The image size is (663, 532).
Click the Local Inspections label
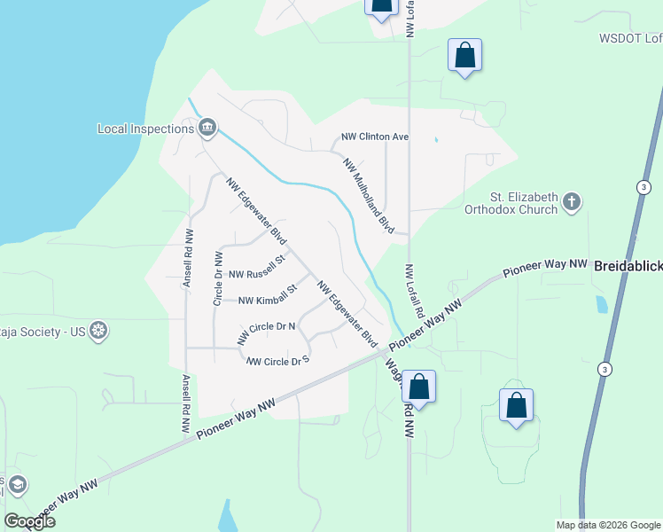tap(145, 129)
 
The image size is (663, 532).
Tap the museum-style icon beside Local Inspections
tap(207, 129)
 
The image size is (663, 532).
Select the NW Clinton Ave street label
tap(375, 137)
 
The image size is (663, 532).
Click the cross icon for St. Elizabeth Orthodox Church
tap(572, 202)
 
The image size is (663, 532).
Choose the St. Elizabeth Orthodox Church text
tap(524, 203)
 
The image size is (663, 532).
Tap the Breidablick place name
tap(628, 265)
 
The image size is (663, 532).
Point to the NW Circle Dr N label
tap(266, 331)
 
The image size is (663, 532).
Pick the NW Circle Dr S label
tap(277, 360)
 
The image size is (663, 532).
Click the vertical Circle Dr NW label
tap(218, 278)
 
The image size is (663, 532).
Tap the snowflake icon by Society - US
tap(98, 332)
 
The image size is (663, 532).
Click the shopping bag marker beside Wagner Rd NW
tap(419, 387)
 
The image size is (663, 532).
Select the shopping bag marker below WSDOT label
tap(465, 56)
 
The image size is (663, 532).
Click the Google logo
tap(30, 521)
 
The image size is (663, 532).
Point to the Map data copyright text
tap(607, 525)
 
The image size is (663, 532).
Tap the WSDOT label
tap(630, 38)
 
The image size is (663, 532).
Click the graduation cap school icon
tap(17, 485)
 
